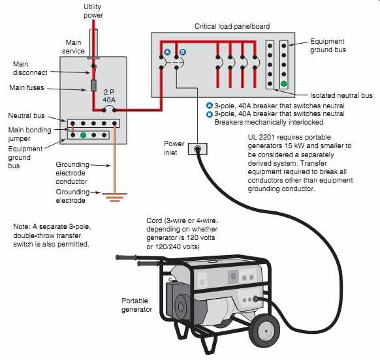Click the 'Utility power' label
[93, 11]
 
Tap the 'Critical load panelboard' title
[232, 26]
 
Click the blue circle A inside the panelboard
[167, 52]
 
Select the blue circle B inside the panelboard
[183, 52]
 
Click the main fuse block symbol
[93, 85]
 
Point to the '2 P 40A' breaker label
[109, 96]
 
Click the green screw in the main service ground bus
[83, 135]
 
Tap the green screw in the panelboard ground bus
[284, 83]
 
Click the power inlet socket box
[198, 149]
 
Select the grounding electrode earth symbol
[115, 198]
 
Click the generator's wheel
[264, 329]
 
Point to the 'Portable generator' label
[136, 305]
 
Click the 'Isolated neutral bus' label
[341, 95]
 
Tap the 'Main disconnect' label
[30, 68]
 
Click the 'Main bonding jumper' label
[29, 134]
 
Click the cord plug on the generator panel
[255, 299]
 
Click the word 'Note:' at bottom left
[22, 226]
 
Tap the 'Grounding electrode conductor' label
[72, 173]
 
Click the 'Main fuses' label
[27, 87]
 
